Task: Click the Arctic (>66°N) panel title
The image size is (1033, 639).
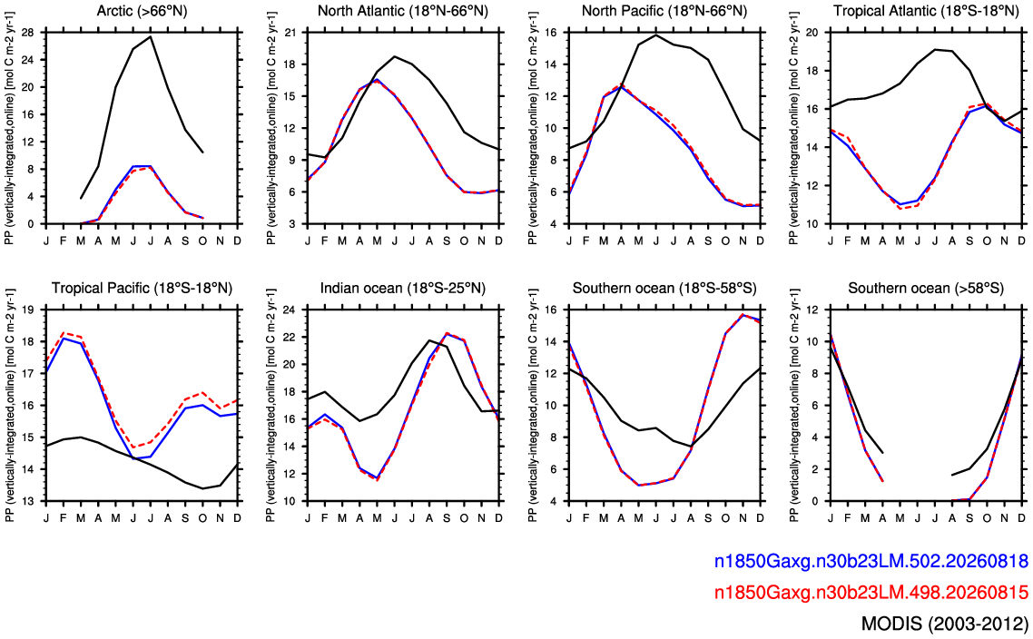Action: click(142, 11)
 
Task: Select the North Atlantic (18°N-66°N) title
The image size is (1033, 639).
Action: click(402, 11)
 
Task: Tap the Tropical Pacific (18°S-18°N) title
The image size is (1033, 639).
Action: click(142, 288)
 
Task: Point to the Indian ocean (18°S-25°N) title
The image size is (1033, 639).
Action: click(402, 288)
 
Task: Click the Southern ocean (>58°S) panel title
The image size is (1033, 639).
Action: click(926, 288)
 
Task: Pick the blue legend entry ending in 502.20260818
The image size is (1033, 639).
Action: click(871, 561)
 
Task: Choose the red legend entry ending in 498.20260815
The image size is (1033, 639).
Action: click(871, 592)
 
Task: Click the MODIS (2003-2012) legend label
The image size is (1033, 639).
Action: click(944, 624)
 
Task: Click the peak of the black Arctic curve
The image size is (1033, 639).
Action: click(151, 36)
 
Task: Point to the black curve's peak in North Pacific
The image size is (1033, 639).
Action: click(656, 34)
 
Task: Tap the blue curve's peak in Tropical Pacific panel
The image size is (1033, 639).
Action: click(64, 338)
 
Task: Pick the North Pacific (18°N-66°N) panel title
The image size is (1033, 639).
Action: click(664, 11)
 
